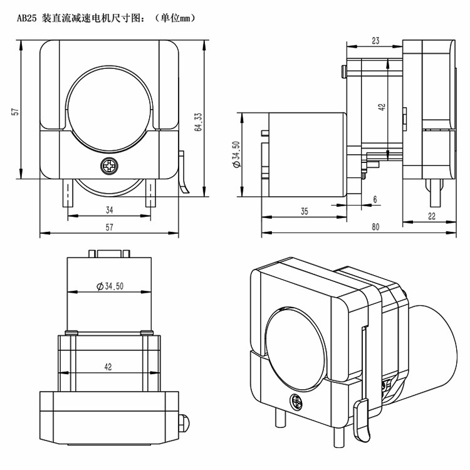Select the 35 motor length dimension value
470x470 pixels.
(304, 212)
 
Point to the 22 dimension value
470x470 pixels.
(431, 216)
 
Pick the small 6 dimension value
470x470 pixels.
(375, 199)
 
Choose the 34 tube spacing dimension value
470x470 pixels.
(109, 210)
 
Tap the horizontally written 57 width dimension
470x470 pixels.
(109, 227)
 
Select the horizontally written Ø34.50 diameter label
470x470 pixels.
(110, 286)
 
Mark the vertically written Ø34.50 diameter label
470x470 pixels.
(236, 154)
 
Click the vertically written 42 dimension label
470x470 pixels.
(382, 107)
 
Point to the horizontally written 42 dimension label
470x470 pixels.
(108, 367)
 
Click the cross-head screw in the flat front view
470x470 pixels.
(110, 167)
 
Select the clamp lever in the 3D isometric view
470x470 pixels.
(363, 420)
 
